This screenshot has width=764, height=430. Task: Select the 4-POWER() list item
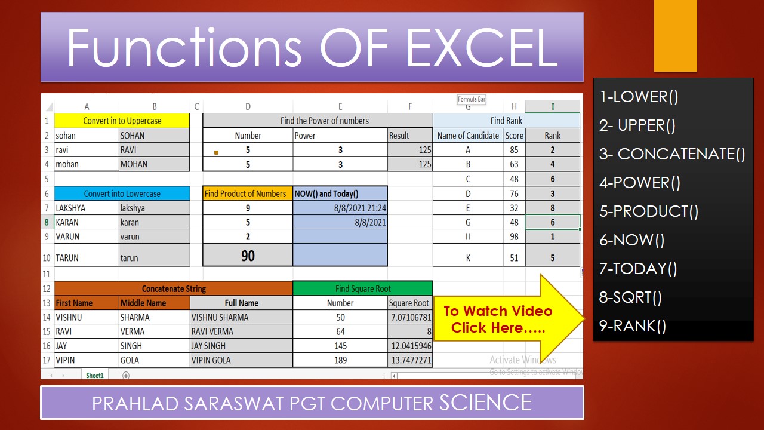pos(640,183)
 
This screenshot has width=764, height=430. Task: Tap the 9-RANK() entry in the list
pos(633,326)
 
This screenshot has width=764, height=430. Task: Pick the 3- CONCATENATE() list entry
pos(672,154)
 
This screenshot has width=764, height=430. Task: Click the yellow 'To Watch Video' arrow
pos(507,319)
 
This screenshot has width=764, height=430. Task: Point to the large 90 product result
pos(248,256)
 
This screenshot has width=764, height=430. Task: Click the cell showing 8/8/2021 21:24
pos(340,208)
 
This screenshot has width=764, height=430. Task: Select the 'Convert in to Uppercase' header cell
pos(122,121)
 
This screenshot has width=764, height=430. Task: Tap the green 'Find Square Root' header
pos(363,288)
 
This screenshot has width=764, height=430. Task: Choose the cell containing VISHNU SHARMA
pos(241,317)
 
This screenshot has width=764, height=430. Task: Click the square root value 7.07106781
pos(411,317)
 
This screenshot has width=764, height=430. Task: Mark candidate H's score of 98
pos(514,236)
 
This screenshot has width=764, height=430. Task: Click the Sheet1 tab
pos(95,376)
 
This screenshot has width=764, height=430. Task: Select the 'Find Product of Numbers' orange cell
pos(248,193)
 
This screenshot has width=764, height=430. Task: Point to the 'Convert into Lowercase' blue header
pos(122,193)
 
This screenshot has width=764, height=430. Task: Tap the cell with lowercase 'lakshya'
pos(154,208)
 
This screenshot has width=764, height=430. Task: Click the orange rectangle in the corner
pos(676,36)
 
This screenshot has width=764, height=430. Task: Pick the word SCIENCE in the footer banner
pos(485,403)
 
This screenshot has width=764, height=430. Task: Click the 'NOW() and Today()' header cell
pos(340,193)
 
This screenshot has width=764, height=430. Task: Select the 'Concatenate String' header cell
pos(174,288)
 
